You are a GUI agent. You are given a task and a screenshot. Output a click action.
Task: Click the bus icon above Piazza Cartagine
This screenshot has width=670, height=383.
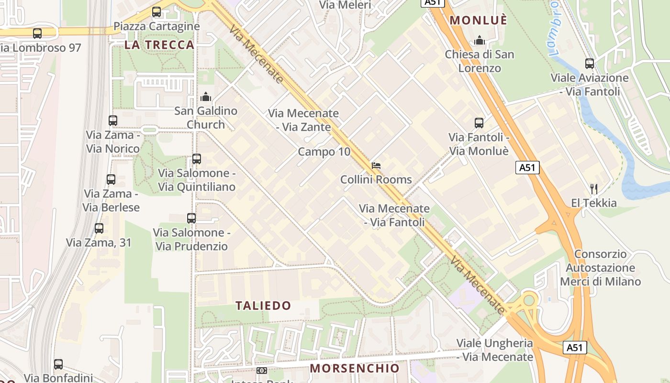pyautogui.click(x=156, y=12)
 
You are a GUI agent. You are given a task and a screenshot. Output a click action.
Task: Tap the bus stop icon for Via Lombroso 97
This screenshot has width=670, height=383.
pyautogui.click(x=37, y=34)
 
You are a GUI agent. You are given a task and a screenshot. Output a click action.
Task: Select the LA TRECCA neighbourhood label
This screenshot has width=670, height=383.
pyautogui.click(x=160, y=45)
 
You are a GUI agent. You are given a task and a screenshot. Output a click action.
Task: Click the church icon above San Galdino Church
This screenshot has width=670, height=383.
pyautogui.click(x=206, y=97)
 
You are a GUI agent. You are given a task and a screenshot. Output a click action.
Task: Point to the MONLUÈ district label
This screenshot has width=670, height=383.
pyautogui.click(x=479, y=20)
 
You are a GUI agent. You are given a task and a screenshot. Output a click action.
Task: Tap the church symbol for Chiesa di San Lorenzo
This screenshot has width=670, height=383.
pyautogui.click(x=479, y=40)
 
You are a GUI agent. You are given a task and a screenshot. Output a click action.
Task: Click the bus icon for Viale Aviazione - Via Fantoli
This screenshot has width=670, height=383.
pyautogui.click(x=590, y=63)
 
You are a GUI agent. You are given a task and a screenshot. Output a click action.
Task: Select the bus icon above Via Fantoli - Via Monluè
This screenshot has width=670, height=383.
pyautogui.click(x=479, y=123)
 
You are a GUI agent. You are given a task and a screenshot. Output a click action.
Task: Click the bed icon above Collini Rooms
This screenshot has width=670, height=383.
pyautogui.click(x=376, y=166)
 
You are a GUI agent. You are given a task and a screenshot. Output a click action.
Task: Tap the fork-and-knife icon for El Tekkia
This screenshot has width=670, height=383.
pyautogui.click(x=594, y=189)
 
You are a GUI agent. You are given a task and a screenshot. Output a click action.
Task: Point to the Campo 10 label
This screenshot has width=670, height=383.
pyautogui.click(x=324, y=152)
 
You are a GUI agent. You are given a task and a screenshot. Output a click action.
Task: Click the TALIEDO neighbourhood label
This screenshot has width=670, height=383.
pyautogui.click(x=263, y=305)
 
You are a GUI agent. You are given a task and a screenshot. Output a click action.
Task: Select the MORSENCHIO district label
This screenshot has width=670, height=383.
pyautogui.click(x=355, y=368)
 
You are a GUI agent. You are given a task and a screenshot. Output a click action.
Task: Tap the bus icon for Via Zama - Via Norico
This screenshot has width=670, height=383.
pyautogui.click(x=113, y=121)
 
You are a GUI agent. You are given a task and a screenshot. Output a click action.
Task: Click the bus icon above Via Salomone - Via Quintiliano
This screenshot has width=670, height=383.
pyautogui.click(x=197, y=159)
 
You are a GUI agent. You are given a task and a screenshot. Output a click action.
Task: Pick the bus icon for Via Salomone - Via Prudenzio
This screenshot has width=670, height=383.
pyautogui.click(x=191, y=218)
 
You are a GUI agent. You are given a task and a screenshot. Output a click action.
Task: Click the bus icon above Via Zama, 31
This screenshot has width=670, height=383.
pyautogui.click(x=99, y=228)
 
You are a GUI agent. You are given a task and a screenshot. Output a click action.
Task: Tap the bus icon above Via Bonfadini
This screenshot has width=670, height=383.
pyautogui.click(x=58, y=364)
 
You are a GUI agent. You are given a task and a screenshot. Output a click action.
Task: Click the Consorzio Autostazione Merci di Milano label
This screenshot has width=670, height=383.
pyautogui.click(x=600, y=268)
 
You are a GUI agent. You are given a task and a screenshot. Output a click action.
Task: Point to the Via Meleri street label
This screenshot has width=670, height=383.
pyautogui.click(x=345, y=5)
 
